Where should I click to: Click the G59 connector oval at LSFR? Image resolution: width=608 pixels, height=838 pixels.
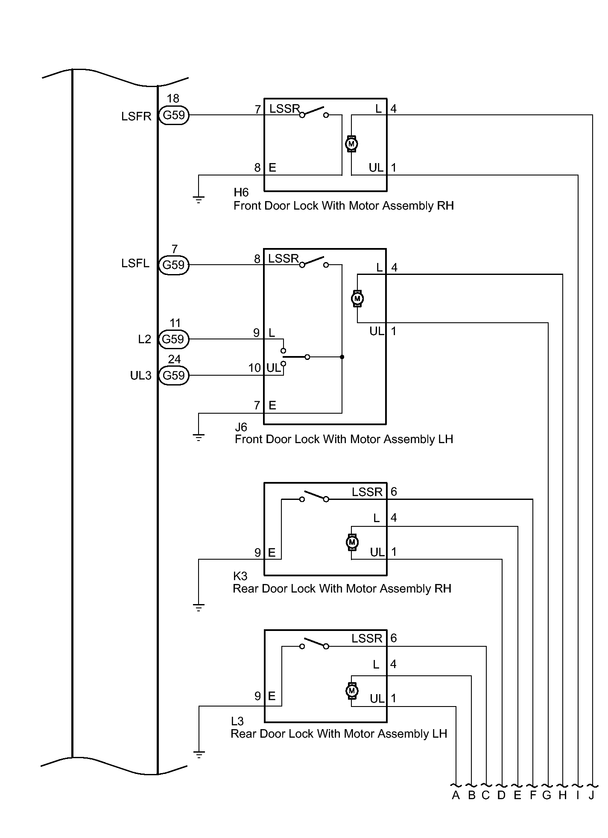coord(173,115)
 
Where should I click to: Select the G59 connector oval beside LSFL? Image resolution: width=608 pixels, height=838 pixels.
coord(173,265)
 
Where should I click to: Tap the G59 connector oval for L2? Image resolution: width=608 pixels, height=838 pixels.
coord(173,339)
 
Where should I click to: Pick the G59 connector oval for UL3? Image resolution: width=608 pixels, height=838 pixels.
coord(173,376)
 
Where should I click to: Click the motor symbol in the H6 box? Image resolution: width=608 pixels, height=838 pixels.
coord(351,144)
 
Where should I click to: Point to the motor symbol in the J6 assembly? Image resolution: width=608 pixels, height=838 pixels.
coord(357,298)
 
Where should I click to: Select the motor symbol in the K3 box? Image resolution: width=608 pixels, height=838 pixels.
coord(351,542)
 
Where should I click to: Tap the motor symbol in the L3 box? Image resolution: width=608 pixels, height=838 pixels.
coord(351,691)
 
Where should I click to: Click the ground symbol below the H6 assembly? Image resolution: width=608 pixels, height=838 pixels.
coord(199,199)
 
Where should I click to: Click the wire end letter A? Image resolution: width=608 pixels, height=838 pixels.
coord(456,795)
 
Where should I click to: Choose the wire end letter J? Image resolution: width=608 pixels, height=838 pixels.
coord(591,795)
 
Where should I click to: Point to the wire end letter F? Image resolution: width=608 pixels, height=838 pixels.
coord(532,795)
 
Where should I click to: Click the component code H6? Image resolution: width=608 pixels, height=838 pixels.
coord(241,193)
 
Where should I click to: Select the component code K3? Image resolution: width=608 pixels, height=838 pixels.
coord(240,576)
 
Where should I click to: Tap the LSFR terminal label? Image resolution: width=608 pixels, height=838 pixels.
coord(136,116)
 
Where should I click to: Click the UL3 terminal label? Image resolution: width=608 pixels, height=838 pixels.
coord(140,376)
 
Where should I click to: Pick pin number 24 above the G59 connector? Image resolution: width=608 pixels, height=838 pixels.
coord(174,359)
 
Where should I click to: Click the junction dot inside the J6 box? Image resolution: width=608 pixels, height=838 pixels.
coord(342,357)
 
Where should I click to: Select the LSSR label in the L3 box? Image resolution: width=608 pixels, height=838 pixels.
coord(367,639)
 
